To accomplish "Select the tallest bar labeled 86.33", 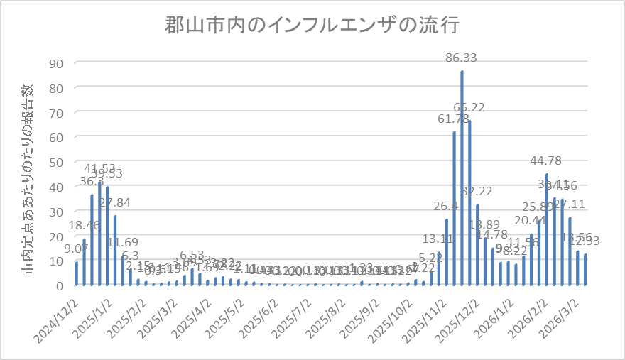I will click(462, 178).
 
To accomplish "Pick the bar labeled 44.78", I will click(547, 229).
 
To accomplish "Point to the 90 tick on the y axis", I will click(56, 63).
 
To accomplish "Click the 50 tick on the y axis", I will click(56, 162).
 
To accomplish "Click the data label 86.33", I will click(463, 58).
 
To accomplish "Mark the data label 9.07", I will click(75, 249).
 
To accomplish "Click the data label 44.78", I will click(546, 160).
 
